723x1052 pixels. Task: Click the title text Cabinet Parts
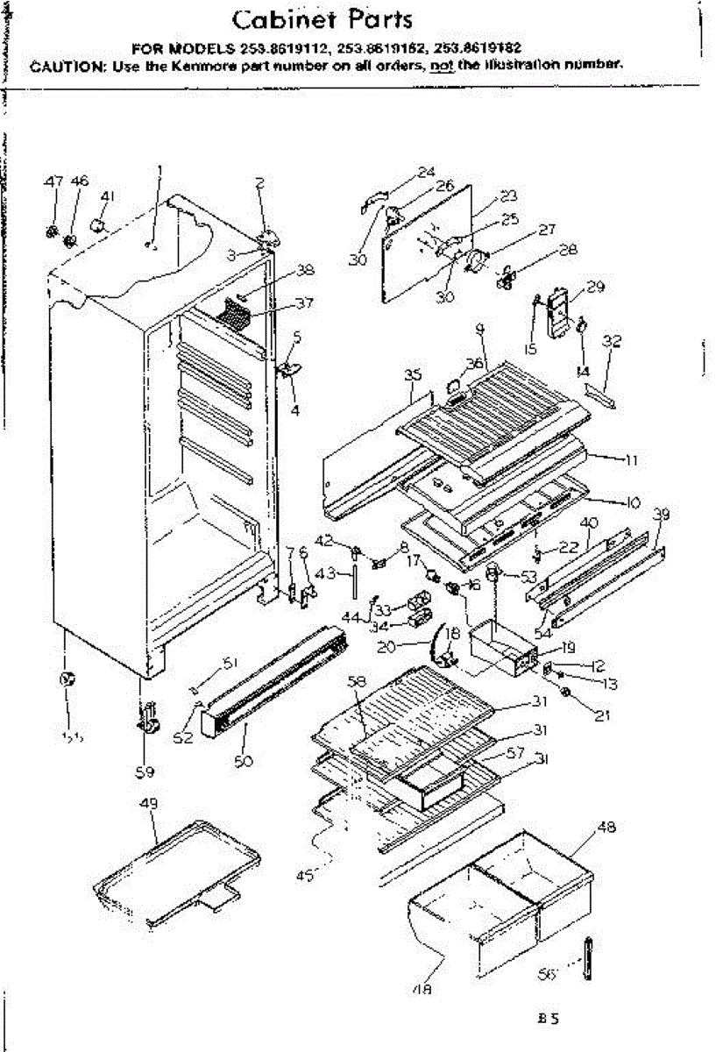[x=323, y=19]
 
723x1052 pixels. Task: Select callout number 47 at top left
[x=53, y=181]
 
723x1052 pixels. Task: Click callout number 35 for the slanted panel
[x=414, y=375]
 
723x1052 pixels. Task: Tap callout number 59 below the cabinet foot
[x=145, y=771]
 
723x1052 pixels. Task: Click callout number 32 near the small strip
[x=613, y=343]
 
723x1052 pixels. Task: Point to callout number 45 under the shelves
[x=305, y=875]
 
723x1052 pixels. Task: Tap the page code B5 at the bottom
[x=549, y=1020]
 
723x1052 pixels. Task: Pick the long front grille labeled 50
[x=272, y=683]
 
